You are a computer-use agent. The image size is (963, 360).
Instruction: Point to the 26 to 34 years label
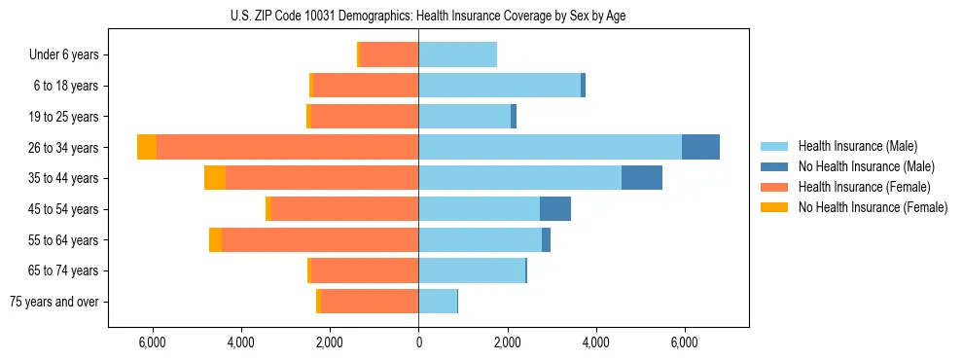coord(64,148)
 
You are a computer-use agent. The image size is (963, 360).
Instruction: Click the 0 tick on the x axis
coord(418,342)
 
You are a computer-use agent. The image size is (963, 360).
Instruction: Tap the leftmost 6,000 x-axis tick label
coord(153,342)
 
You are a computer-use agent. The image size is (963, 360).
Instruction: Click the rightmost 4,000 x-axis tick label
coord(595,342)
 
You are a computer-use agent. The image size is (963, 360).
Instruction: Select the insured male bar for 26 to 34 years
coord(550,147)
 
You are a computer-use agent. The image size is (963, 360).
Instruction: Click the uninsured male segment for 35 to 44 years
coord(642,178)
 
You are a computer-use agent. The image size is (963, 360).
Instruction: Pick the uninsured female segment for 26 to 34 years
coord(147,147)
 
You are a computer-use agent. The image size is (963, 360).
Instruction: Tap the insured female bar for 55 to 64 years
coord(320,239)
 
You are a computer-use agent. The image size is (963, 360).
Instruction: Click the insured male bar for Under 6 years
coord(457,54)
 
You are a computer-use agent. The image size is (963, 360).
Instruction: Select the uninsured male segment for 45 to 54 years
coord(555,209)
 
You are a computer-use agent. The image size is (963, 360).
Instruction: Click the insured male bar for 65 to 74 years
coord(472,270)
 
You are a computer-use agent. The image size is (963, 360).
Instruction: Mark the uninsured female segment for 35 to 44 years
coord(215,178)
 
